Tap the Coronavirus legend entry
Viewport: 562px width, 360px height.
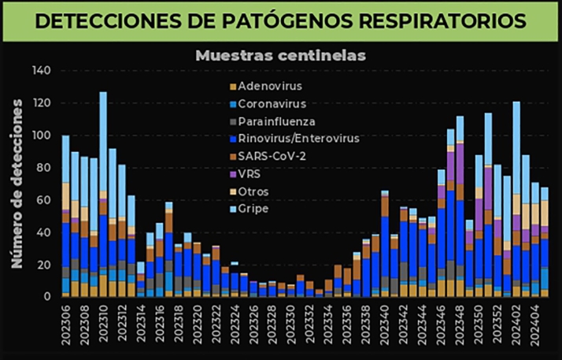272,103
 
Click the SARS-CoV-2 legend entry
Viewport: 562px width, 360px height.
271,155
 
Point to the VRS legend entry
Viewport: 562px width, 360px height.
250,173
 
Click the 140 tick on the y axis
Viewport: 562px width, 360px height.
40,71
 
